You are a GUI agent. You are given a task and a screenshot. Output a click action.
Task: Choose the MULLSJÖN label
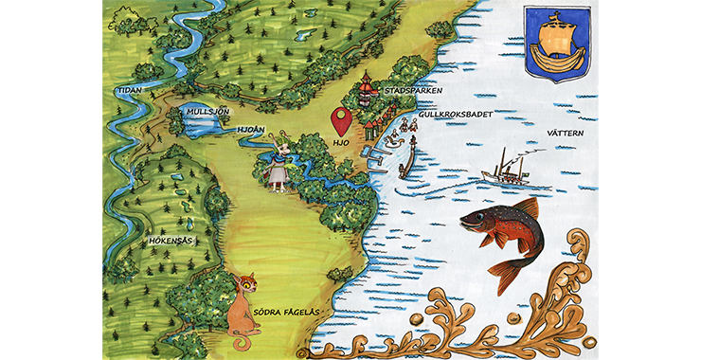point(208,112)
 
